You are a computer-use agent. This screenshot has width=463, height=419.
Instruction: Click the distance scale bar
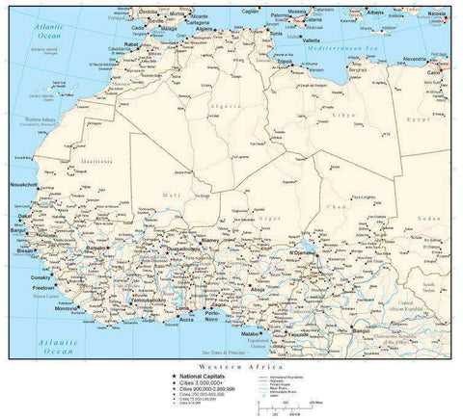pyautogui.click(x=280, y=408)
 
